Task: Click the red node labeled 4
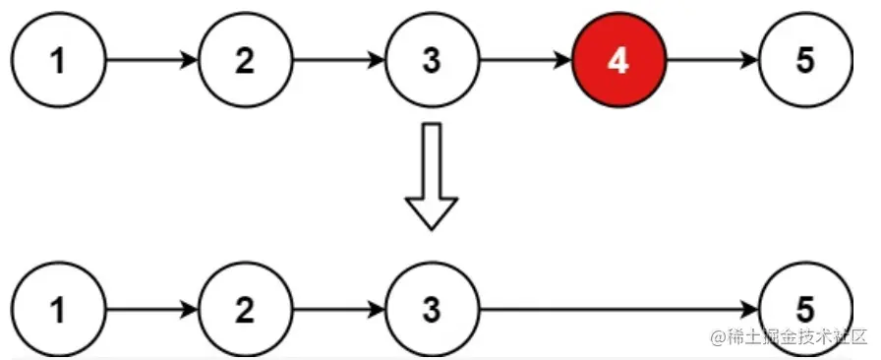coord(617,61)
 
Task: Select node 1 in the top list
coord(58,61)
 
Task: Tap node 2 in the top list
coord(245,61)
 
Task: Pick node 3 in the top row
coord(431,61)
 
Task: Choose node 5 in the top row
coord(805,61)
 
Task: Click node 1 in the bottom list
coord(58,311)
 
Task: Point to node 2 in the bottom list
coord(245,311)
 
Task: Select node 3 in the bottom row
coord(431,311)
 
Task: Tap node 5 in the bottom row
coord(805,311)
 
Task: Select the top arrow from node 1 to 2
coord(151,61)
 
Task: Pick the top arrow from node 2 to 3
coord(338,61)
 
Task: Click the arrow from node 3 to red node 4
coord(524,61)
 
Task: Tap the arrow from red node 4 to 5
coord(712,61)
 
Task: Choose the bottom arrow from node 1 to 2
coord(151,311)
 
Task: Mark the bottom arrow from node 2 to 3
coord(338,311)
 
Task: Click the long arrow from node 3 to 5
coord(617,311)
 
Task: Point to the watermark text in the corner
coord(787,337)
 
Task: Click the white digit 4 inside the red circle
coord(617,61)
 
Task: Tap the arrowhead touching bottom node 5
coord(751,311)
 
